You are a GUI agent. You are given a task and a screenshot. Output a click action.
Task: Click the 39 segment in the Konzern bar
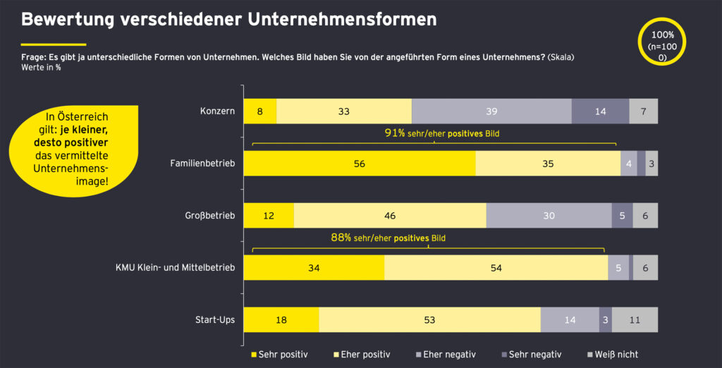pyautogui.click(x=491, y=111)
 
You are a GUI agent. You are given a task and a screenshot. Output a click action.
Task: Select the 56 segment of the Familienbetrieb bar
pyautogui.click(x=360, y=164)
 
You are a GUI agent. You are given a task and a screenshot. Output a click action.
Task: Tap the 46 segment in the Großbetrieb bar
pyautogui.click(x=390, y=216)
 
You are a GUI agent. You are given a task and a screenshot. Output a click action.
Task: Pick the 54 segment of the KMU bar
pyautogui.click(x=496, y=267)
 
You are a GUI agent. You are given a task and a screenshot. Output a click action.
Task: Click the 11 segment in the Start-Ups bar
pyautogui.click(x=635, y=319)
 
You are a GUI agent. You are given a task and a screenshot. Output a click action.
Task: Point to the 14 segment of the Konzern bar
pyautogui.click(x=600, y=111)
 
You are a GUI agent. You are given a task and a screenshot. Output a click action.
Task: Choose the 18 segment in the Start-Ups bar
pyautogui.click(x=281, y=319)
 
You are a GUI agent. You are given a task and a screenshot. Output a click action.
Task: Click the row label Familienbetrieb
pyautogui.click(x=202, y=164)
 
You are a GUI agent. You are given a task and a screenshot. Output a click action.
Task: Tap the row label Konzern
pyautogui.click(x=217, y=111)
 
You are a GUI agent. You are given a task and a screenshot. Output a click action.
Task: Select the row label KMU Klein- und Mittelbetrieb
pyautogui.click(x=176, y=267)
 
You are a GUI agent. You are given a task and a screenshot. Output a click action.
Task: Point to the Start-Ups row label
pyautogui.click(x=214, y=319)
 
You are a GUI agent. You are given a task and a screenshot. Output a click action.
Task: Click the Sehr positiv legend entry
pyautogui.click(x=279, y=354)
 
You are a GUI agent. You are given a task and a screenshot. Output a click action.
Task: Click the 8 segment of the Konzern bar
pyautogui.click(x=260, y=111)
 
